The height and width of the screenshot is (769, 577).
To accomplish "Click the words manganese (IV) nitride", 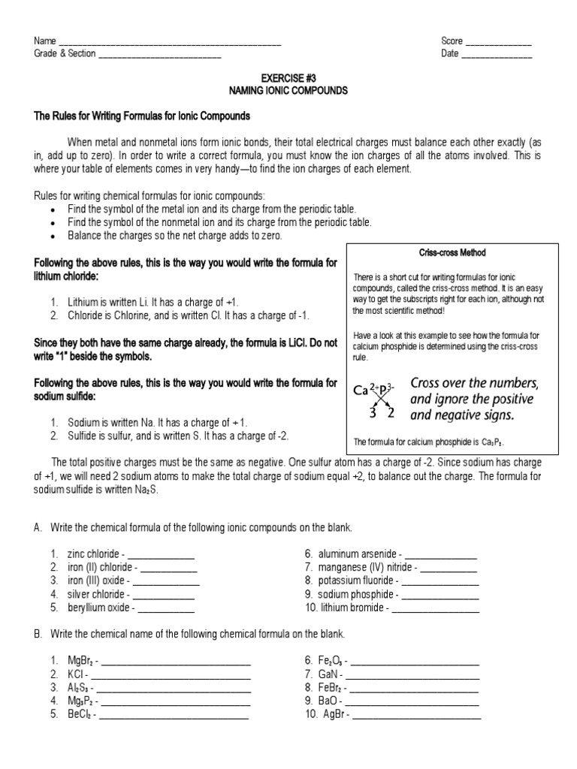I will coord(360,568).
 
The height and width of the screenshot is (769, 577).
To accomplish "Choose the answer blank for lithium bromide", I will coord(436,608).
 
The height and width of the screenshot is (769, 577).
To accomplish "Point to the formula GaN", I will coord(329,674).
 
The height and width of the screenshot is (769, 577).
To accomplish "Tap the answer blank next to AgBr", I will coord(417,715).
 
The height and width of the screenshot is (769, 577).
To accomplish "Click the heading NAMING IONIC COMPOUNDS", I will coord(288,90).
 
